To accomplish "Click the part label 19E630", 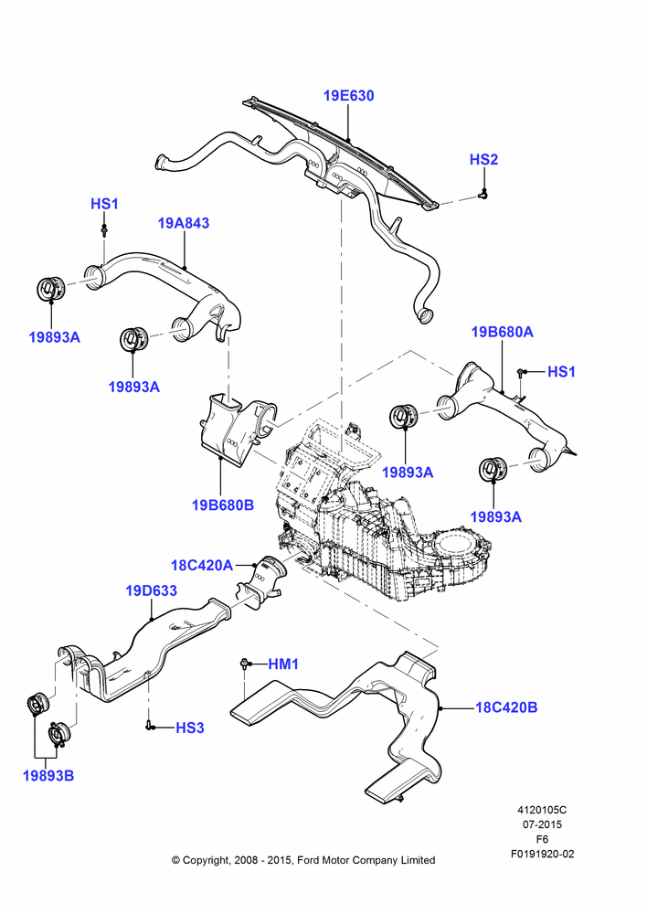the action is pos(348,96).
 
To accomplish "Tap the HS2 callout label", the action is pos(483,160).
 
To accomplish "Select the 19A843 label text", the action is pos(184,223).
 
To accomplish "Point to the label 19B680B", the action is pos(223,505).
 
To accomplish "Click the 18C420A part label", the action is pos(202,565).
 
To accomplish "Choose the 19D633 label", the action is pos(152,590).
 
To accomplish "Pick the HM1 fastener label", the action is pos(283,664).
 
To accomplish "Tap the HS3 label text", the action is pos(190,728).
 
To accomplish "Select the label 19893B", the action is pos(48,776).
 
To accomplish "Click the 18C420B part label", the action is pos(506,707).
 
